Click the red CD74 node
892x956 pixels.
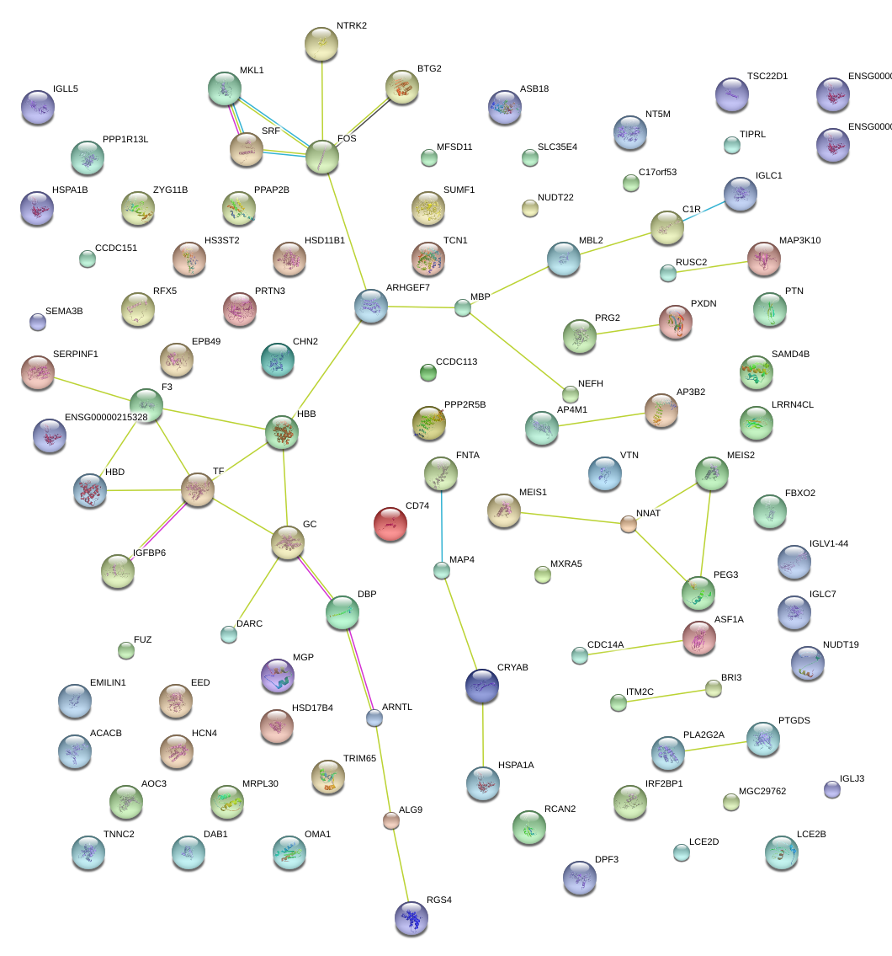point(390,523)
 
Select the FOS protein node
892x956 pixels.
point(321,157)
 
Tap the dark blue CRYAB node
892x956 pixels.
point(481,686)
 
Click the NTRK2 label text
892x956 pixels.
point(352,26)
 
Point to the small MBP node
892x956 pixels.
point(462,307)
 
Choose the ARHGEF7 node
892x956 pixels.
point(370,306)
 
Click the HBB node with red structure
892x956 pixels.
point(282,431)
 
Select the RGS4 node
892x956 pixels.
point(411,918)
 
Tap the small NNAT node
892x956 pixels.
point(628,524)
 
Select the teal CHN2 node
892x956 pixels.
point(278,360)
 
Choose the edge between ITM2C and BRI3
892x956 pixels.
point(665,696)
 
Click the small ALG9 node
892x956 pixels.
point(390,820)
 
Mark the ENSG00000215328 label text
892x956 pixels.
point(106,417)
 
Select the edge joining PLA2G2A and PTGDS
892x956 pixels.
point(715,745)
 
